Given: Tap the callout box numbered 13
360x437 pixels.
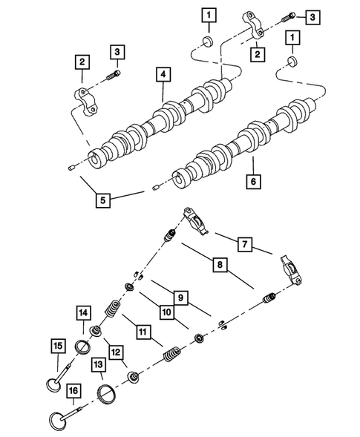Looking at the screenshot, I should tap(97, 364).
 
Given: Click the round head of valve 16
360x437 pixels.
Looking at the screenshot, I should tap(58, 418).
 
